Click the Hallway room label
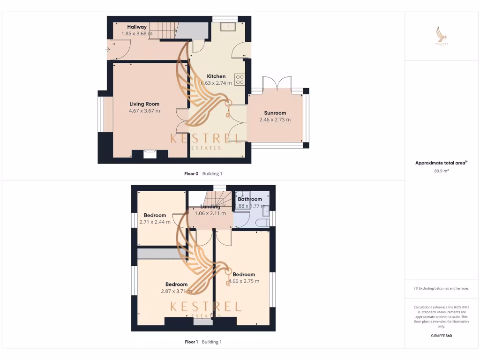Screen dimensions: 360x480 pos(137,27)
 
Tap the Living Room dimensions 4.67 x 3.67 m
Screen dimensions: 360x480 pos(144,111)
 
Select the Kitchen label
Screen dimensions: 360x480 pos(216,76)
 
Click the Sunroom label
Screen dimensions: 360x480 pos(275,113)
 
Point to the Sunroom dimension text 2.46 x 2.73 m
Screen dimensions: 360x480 pos(275,120)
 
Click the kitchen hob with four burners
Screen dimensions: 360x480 pos(240,80)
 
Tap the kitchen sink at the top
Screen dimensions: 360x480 pos(230,26)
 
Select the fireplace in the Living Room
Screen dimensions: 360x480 pos(150,154)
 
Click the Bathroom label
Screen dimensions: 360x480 pos(250,199)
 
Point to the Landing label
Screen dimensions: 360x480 pos(210,207)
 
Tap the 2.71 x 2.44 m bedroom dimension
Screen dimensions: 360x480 pos(155,222)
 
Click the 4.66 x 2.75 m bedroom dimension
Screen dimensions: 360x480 pos(244,281)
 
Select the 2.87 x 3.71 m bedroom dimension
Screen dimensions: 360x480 pos(176,291)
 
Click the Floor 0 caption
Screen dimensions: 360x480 pos(191,173)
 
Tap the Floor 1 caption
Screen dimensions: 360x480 pos(191,342)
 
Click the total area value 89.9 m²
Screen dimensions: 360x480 pos(442,171)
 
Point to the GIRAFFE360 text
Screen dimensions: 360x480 pos(442,336)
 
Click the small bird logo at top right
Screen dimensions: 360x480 pos(442,35)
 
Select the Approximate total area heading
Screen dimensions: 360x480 pos(441,163)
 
